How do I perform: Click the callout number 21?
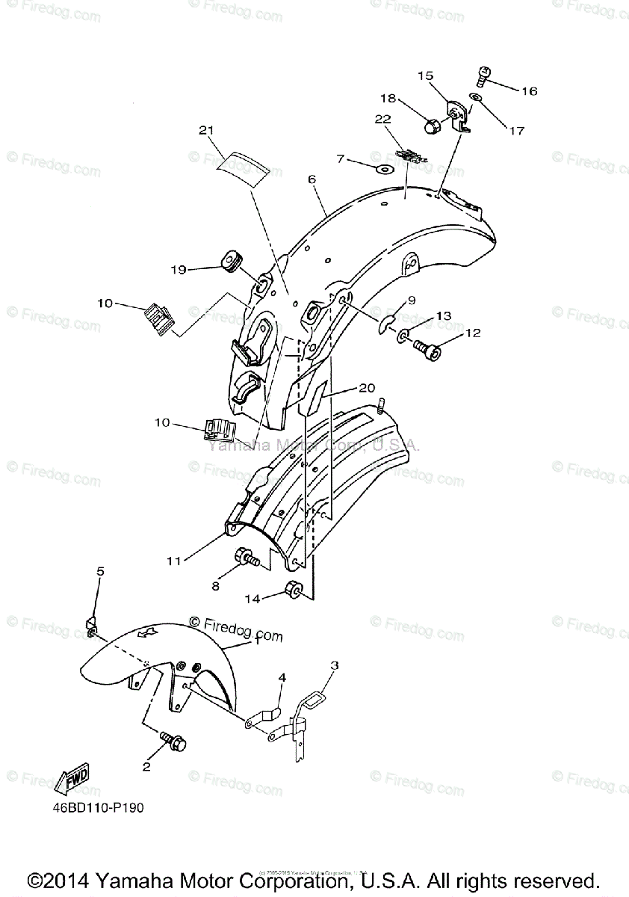(x=207, y=131)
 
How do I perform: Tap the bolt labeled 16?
(x=483, y=75)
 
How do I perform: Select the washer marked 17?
(x=476, y=98)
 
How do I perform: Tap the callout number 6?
(x=312, y=179)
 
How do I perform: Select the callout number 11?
(x=174, y=561)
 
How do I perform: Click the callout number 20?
(x=367, y=388)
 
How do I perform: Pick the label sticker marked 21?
(x=241, y=167)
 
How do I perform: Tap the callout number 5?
(x=101, y=572)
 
